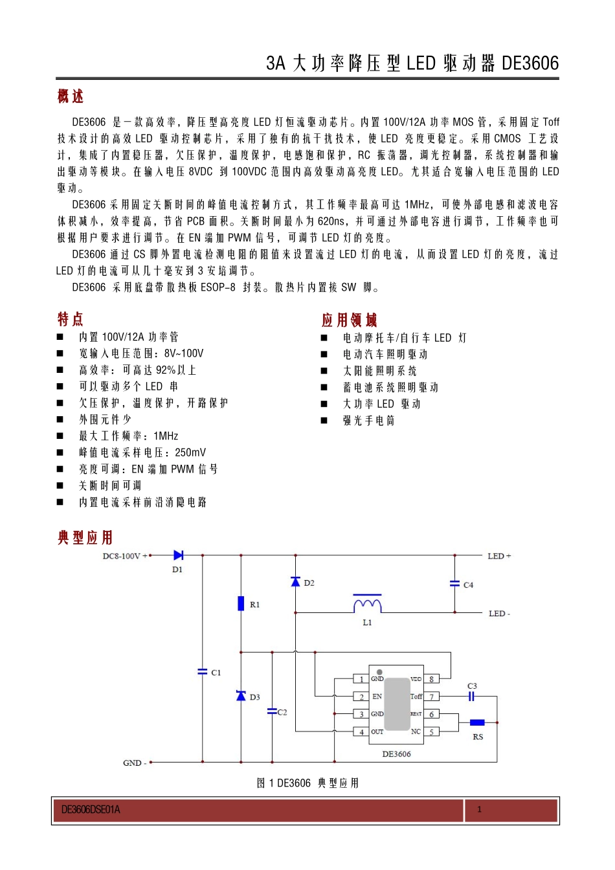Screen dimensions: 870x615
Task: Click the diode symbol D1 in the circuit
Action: (x=178, y=555)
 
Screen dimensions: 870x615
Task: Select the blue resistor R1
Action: (x=241, y=603)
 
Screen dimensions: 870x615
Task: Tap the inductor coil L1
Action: (x=367, y=605)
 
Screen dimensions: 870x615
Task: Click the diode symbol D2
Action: (x=296, y=582)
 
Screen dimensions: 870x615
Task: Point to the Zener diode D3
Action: (x=241, y=696)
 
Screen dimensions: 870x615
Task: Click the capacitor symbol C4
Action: (x=455, y=584)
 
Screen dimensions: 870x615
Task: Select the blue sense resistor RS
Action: (x=477, y=722)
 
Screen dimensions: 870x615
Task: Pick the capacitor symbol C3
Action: (x=472, y=697)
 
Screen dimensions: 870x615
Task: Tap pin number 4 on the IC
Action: (x=361, y=732)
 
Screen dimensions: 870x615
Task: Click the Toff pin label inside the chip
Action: (x=416, y=697)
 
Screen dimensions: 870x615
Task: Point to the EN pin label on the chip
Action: (x=377, y=697)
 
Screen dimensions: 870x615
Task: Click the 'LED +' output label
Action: (x=499, y=556)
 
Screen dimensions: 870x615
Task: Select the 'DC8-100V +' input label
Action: (x=125, y=556)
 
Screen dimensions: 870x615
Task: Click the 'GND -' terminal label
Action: (x=134, y=763)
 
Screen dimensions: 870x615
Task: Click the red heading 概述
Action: (x=71, y=96)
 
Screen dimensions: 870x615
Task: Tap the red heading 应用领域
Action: (x=350, y=320)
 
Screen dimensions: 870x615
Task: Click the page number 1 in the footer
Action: (x=479, y=809)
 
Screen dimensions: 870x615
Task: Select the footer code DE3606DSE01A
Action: (x=91, y=810)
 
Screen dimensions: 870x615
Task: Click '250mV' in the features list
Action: (x=190, y=452)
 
